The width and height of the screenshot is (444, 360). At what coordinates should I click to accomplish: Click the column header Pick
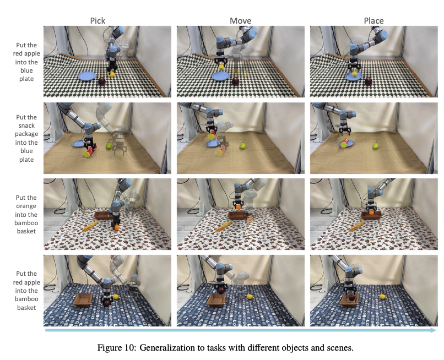point(98,21)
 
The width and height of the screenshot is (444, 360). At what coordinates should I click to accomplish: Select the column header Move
point(240,21)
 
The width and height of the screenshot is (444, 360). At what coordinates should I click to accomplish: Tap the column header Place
point(374,21)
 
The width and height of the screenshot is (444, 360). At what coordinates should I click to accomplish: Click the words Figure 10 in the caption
point(116,347)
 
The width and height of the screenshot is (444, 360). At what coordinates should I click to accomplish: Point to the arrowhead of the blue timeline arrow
point(433,330)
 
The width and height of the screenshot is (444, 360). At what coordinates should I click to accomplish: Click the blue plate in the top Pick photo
point(87,76)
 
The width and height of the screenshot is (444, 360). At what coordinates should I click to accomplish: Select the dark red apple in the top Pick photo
point(102,81)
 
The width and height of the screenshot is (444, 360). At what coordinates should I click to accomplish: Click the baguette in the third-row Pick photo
point(90,227)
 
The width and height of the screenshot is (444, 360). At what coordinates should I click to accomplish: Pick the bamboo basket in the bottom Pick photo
point(83,300)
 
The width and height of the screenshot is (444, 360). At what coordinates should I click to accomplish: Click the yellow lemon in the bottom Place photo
point(382,297)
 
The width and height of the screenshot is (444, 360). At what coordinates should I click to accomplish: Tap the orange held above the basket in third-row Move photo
point(239,207)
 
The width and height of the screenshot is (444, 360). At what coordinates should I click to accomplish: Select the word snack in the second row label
point(26,126)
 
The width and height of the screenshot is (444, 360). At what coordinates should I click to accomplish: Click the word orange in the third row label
point(26,206)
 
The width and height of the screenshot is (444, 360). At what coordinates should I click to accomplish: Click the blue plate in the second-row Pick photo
point(78,144)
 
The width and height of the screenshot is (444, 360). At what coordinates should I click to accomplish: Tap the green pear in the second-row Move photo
point(242,145)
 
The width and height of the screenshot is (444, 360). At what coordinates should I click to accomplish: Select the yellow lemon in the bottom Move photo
point(250,297)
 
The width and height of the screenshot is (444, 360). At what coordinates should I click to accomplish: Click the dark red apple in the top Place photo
point(369,81)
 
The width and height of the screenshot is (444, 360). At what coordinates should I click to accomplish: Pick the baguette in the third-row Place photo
point(356,227)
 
